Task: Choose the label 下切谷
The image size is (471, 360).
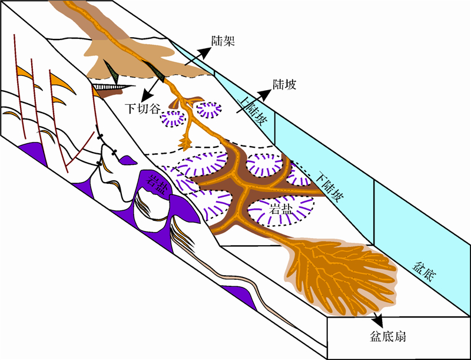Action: tap(141, 109)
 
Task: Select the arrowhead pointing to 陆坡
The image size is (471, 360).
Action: tap(268, 94)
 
